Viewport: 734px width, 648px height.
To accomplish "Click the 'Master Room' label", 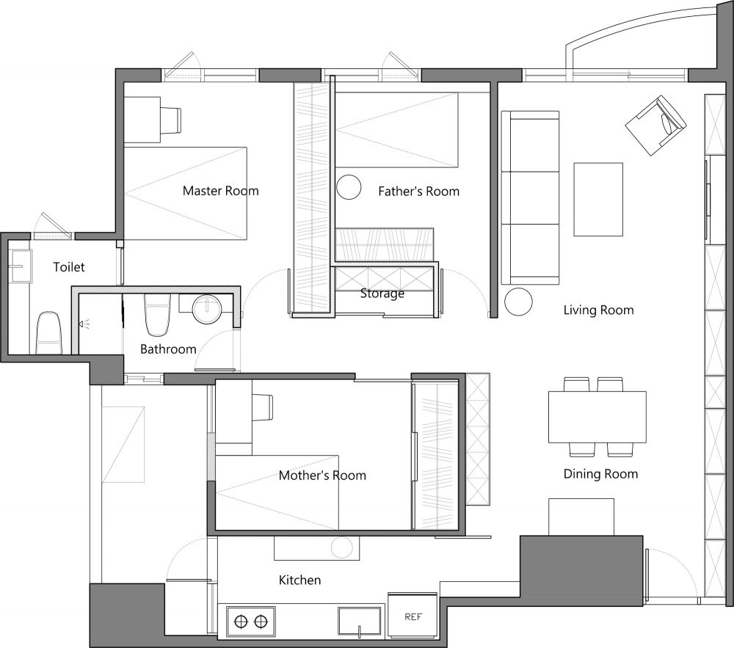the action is tap(220, 191).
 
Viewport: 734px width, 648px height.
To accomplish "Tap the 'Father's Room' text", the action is tap(419, 191).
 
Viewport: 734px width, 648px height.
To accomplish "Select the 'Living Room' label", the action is tap(599, 310).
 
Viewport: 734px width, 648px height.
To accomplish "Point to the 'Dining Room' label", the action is tap(600, 474).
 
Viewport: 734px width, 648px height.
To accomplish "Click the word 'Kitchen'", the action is tap(299, 580).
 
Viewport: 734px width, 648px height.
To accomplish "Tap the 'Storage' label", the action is tap(382, 294).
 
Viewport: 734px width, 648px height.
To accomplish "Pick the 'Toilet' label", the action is tap(69, 267).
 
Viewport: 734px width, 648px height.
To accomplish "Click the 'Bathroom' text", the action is tap(168, 349).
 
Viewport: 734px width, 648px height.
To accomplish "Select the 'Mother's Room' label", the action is tap(322, 476).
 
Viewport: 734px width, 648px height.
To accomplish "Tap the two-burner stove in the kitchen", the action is tap(251, 622).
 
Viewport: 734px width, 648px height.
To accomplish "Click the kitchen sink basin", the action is tap(359, 621).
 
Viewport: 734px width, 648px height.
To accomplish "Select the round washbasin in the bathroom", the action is tap(207, 309).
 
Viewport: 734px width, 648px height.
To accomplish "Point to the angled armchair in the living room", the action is tap(655, 125).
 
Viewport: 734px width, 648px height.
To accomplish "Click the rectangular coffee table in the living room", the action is tap(598, 200).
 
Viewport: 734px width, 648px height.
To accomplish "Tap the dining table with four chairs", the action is tap(597, 417).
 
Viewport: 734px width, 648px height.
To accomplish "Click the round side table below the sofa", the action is tap(519, 302).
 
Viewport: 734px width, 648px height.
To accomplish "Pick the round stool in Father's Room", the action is tap(349, 187).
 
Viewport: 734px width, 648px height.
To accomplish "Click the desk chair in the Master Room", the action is tap(171, 120).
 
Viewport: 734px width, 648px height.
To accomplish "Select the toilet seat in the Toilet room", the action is tap(49, 333).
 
